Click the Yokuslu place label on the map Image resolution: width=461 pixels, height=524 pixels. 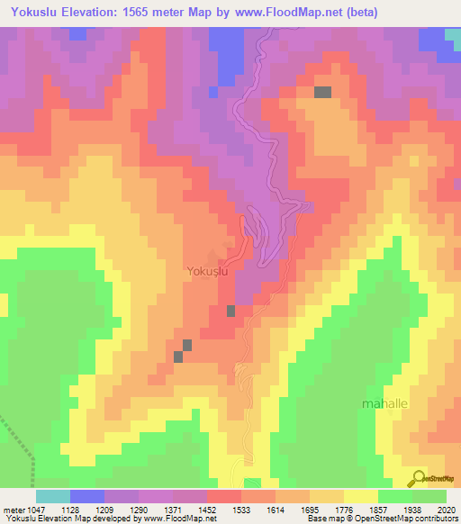[212, 270]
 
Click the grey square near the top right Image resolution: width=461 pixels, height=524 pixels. [322, 91]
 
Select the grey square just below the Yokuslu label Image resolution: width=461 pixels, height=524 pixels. [230, 311]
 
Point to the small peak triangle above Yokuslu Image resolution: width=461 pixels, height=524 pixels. [212, 256]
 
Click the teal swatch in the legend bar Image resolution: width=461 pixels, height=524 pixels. [52, 496]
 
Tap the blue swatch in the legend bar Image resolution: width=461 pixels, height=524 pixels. [86, 496]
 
